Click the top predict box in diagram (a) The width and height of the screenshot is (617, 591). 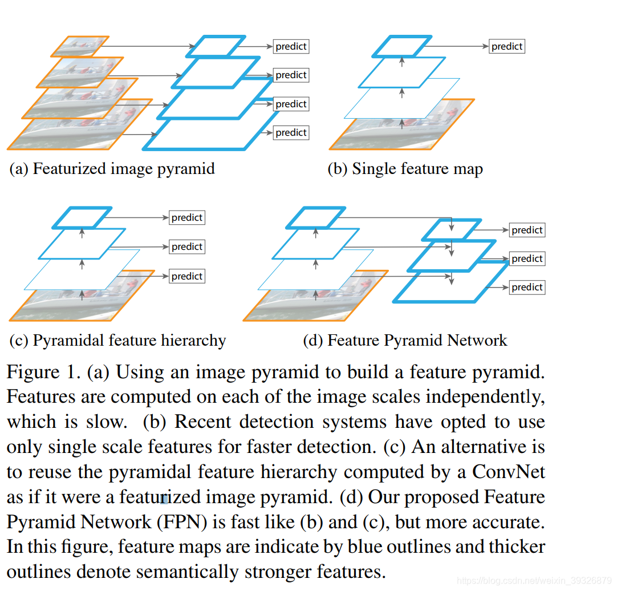(x=291, y=46)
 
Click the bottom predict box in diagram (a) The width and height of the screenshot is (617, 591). (x=291, y=132)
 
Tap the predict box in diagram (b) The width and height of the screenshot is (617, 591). (x=507, y=46)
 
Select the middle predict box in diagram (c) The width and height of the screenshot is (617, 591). (x=187, y=246)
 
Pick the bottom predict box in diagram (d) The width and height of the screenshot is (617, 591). (x=527, y=287)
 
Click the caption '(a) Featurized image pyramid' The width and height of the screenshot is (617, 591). (x=112, y=169)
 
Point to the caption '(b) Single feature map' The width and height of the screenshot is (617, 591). (x=405, y=169)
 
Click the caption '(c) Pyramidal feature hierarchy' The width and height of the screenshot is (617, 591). (x=118, y=341)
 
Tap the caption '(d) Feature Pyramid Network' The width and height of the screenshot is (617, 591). (x=405, y=341)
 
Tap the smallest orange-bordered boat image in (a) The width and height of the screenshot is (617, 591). (x=80, y=46)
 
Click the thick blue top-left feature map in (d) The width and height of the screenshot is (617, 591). (x=314, y=217)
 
